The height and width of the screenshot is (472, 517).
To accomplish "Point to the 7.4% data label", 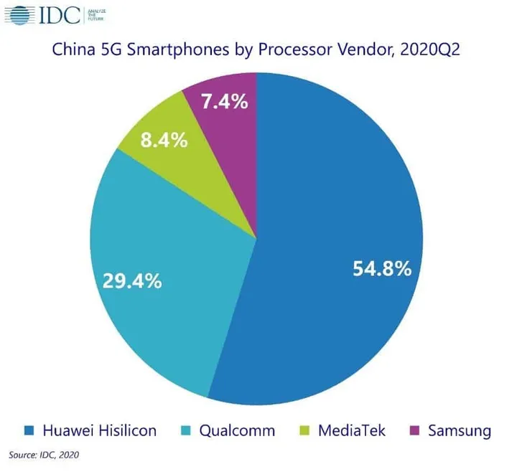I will (225, 102).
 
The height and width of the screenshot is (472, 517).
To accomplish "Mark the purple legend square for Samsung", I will (414, 430).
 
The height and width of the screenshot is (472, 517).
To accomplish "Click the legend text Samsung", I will (459, 430).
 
